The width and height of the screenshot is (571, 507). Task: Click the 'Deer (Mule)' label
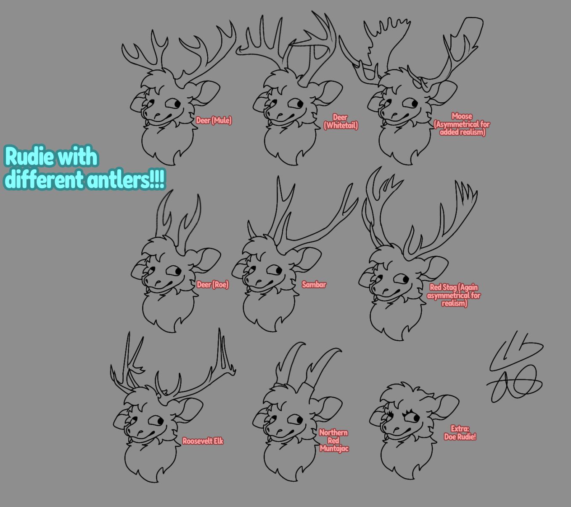coord(214,120)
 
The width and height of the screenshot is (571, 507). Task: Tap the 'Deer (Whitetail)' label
coord(341,121)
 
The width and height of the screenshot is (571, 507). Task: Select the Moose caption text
coord(462,124)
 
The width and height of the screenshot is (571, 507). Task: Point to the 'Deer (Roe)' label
coord(212,285)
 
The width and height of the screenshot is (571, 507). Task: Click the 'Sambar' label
coord(314,285)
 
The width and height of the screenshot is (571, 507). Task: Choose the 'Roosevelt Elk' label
coord(203,441)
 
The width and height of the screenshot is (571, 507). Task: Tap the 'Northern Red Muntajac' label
coord(334,440)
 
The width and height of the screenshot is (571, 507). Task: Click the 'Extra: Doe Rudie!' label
coord(460,433)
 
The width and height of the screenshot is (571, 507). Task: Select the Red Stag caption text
coord(454,295)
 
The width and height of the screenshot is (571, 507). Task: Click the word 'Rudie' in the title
coord(32,157)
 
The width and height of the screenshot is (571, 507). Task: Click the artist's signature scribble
coord(515,367)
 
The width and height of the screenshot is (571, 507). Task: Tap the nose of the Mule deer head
coord(157,115)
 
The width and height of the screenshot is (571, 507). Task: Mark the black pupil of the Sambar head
coord(278,270)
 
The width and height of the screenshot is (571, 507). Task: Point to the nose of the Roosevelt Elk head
coord(140,432)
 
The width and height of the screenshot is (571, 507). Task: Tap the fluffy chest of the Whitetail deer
coord(290,144)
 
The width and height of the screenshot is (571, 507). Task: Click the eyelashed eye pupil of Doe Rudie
coord(416,418)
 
